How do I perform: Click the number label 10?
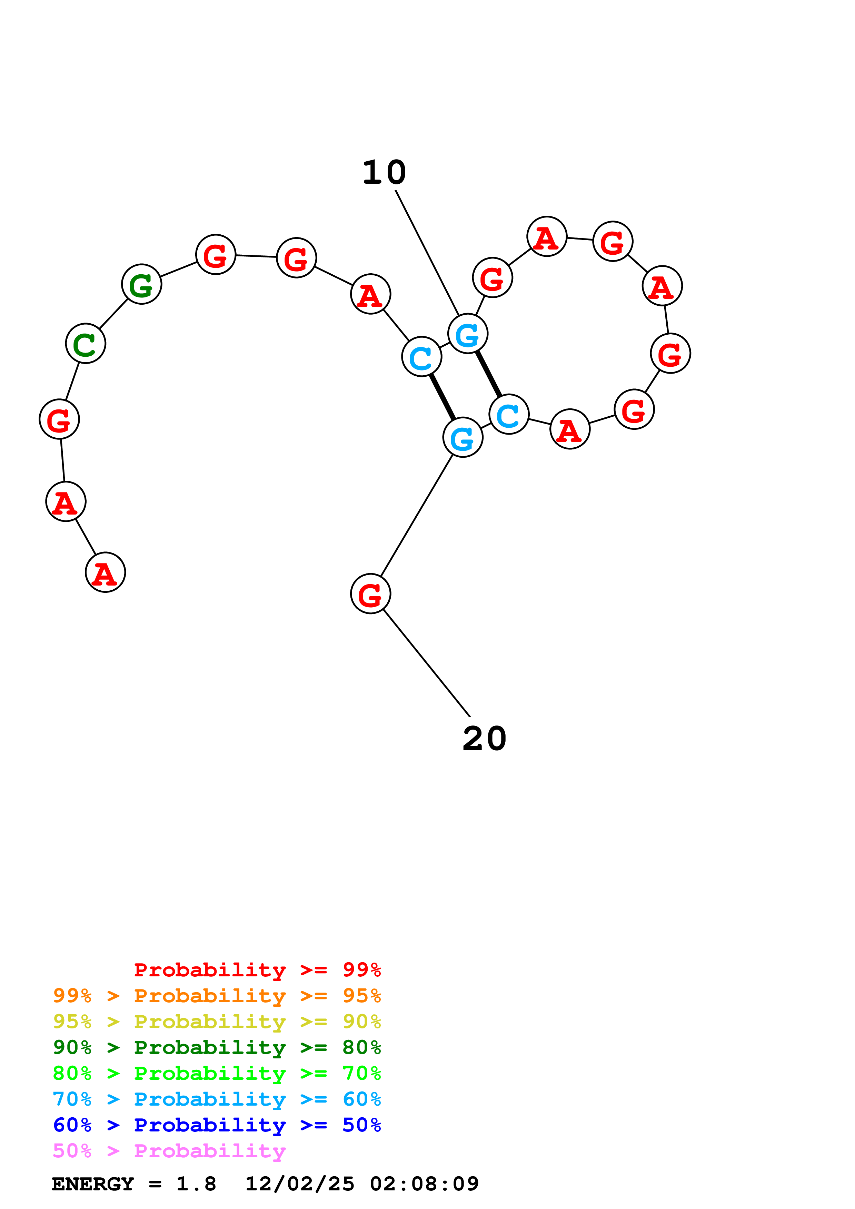[x=384, y=173]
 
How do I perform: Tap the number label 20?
[x=484, y=738]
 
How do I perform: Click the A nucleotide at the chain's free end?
[x=105, y=572]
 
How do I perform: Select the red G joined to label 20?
[x=371, y=594]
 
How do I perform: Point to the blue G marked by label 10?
[x=468, y=334]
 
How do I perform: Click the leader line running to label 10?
[x=427, y=253]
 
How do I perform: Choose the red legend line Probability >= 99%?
[x=257, y=970]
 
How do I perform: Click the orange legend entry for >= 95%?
[x=217, y=996]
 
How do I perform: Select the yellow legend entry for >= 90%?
[x=217, y=1022]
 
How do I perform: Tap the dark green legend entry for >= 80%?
[x=217, y=1047]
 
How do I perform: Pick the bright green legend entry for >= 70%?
[x=217, y=1073]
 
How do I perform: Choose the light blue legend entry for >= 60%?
[x=217, y=1099]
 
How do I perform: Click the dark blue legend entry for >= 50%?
[x=217, y=1125]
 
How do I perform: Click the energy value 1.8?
[x=196, y=1184]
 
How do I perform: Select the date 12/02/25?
[x=300, y=1184]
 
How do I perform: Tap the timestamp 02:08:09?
[x=424, y=1184]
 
